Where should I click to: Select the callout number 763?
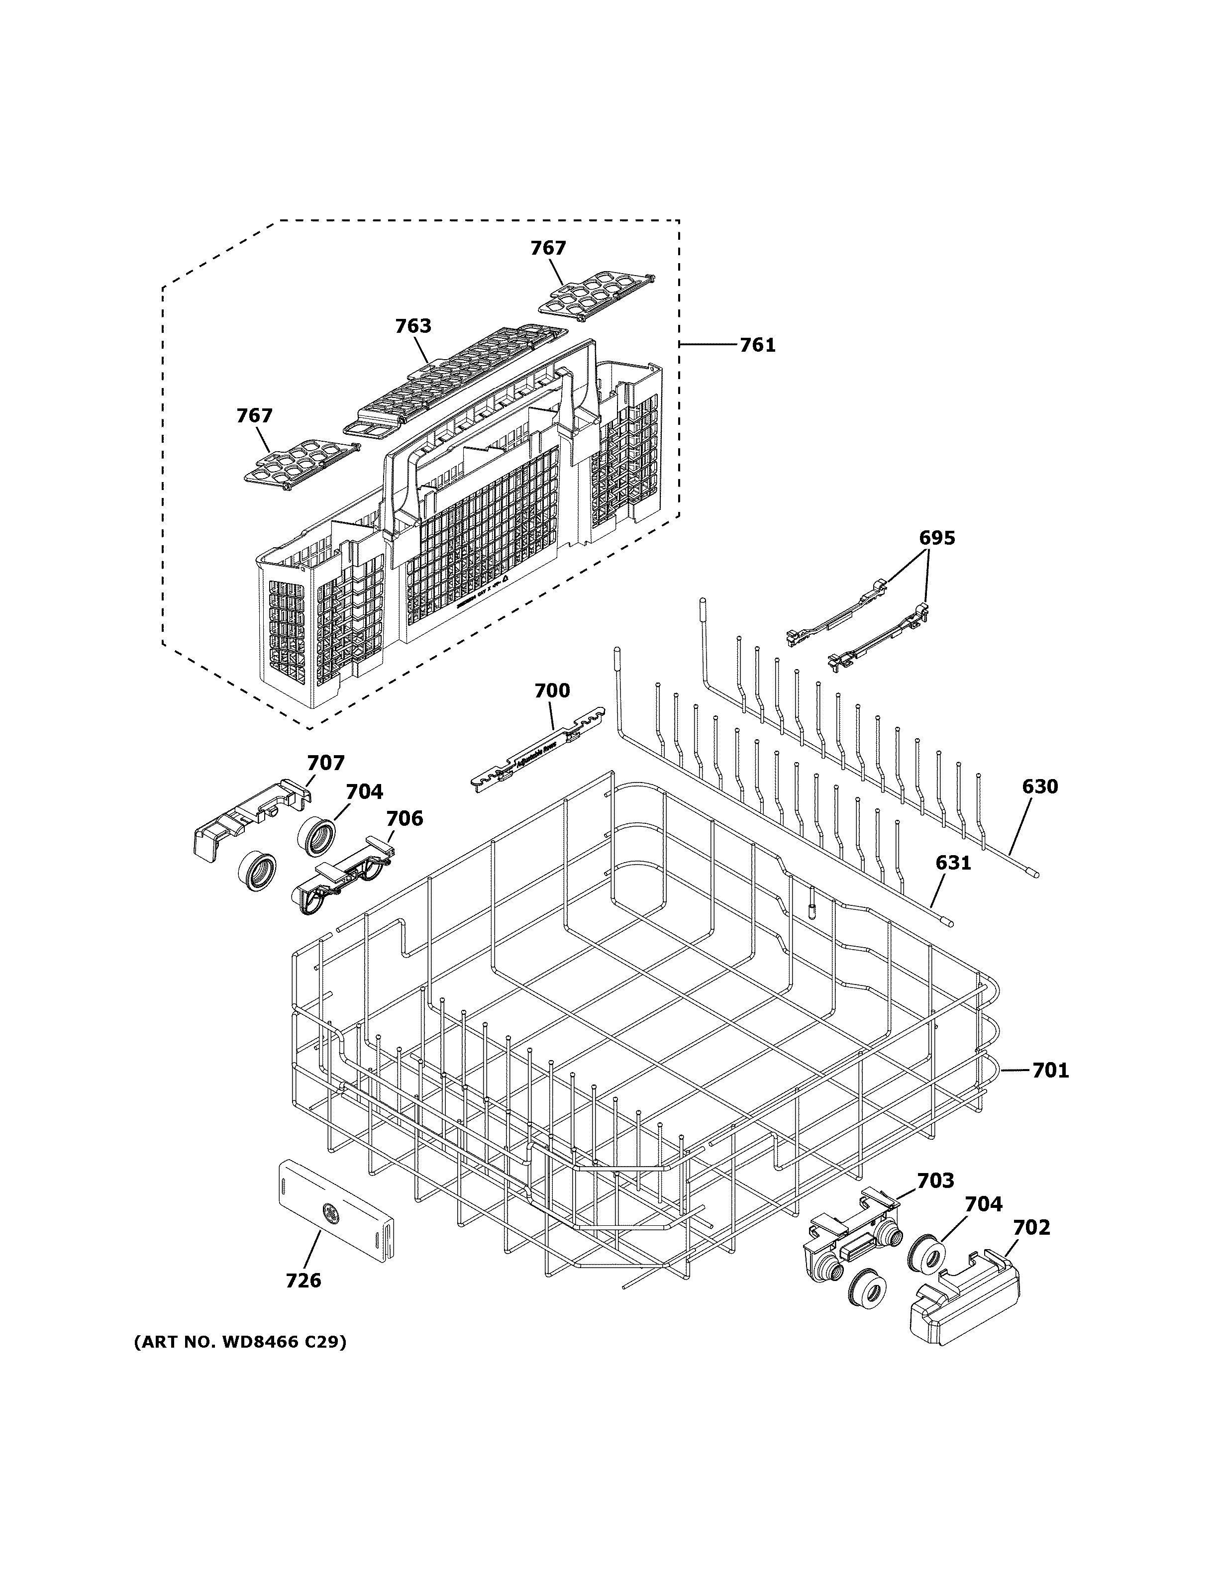pyautogui.click(x=413, y=326)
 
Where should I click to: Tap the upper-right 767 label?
pyautogui.click(x=548, y=248)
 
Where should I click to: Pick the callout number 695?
pyautogui.click(x=936, y=538)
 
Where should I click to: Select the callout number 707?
pyautogui.click(x=326, y=763)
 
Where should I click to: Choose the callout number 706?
pyautogui.click(x=404, y=818)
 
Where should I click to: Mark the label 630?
pyautogui.click(x=1039, y=787)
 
